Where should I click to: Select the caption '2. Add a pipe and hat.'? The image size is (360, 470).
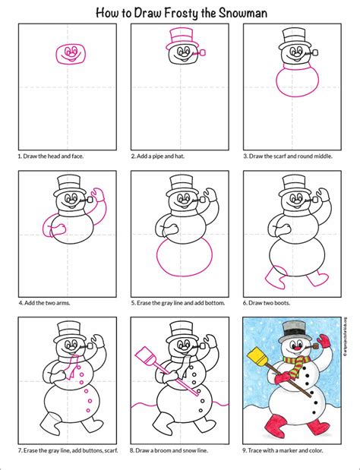tap(156, 156)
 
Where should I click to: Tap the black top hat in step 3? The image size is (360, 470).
tap(292, 38)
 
